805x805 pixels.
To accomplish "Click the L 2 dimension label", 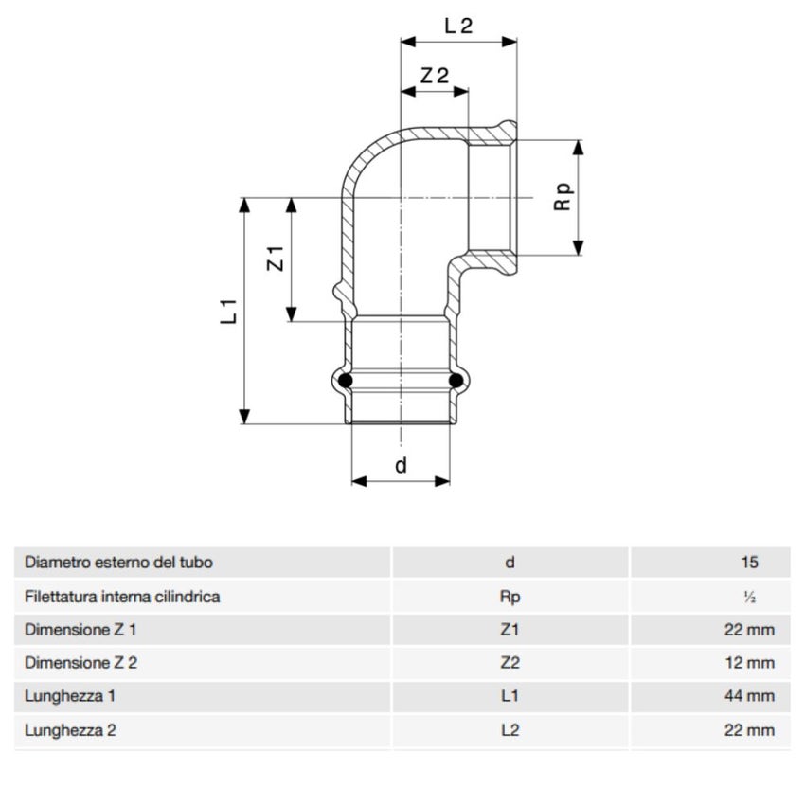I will click(458, 26).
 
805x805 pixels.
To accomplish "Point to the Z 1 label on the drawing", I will click(276, 258).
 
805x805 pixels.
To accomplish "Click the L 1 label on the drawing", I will click(228, 312).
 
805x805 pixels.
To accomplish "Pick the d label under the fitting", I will click(401, 465).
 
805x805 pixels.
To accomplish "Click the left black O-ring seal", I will click(346, 381).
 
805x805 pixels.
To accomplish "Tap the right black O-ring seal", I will click(456, 381).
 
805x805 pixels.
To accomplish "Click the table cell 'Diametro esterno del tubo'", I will click(118, 563).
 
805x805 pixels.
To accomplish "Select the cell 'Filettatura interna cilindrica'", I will click(122, 597).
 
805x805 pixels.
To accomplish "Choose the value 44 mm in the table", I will click(747, 696).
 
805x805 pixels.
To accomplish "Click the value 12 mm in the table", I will click(747, 663).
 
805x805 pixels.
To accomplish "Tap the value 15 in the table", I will click(749, 563).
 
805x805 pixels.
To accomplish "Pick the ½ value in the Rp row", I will click(749, 597).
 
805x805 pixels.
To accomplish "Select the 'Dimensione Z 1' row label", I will click(80, 630).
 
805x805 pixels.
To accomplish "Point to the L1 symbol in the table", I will click(510, 696).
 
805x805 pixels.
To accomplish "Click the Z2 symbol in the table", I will click(510, 663).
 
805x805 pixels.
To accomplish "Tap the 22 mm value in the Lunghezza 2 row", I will click(747, 730).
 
